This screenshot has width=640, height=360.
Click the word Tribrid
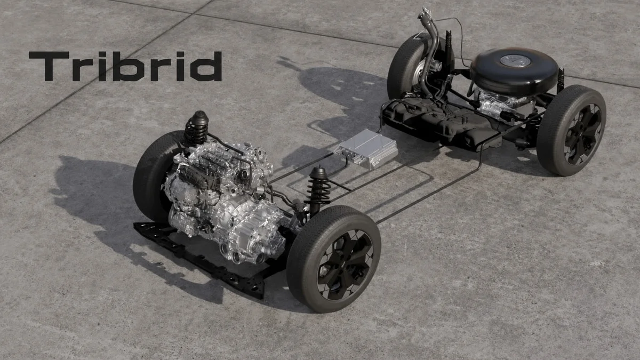point(125,66)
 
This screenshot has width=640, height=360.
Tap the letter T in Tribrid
point(49,66)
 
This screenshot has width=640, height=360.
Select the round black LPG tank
point(514,71)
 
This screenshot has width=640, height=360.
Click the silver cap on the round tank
point(515,61)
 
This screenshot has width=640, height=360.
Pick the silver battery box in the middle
point(366,149)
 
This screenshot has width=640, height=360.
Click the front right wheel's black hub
point(345,265)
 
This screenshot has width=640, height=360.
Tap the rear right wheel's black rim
point(583,134)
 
